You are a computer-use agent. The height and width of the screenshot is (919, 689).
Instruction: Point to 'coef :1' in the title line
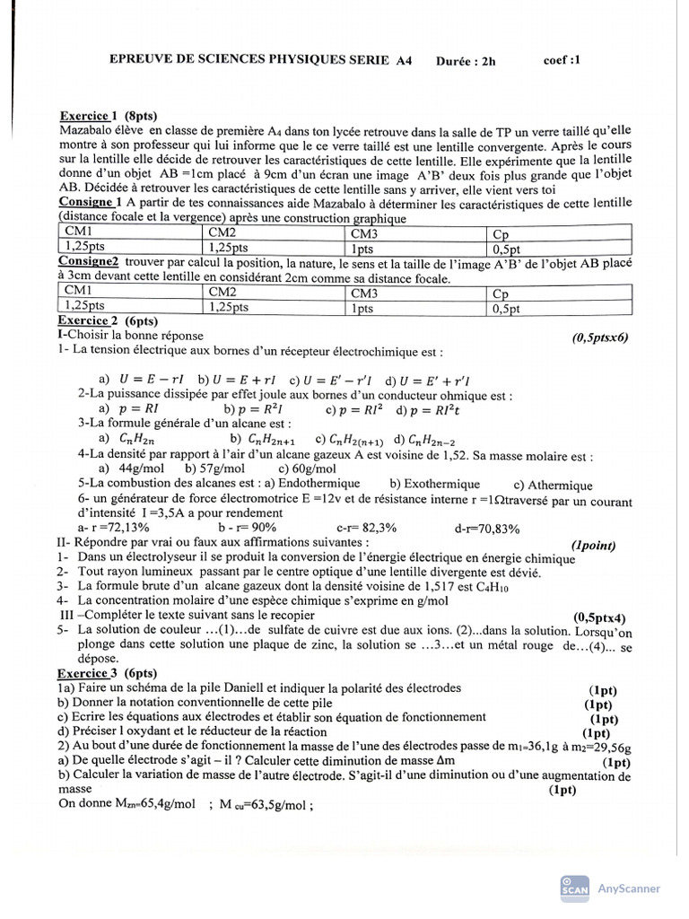562,61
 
